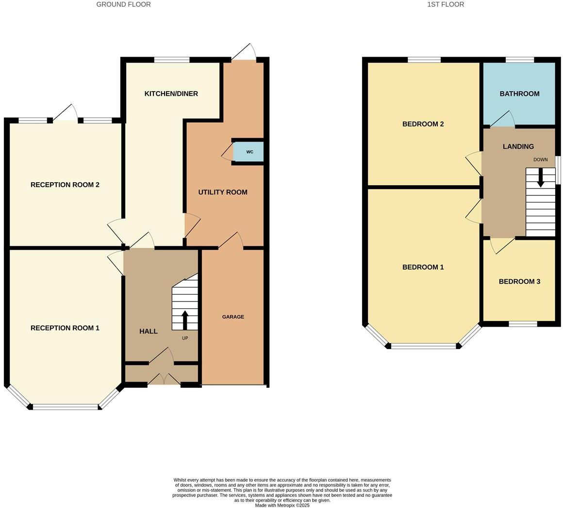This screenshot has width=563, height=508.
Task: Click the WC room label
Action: [x=249, y=152]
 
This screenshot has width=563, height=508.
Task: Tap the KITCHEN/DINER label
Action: [x=171, y=94]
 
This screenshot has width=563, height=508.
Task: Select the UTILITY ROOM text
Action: [x=223, y=192]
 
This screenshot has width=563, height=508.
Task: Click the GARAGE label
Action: [x=233, y=317]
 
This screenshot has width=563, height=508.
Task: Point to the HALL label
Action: [x=148, y=331]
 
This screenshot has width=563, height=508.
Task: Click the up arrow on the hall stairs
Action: [x=185, y=320]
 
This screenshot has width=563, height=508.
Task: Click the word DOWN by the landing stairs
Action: [x=540, y=159]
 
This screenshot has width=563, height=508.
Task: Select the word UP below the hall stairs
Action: [x=185, y=338]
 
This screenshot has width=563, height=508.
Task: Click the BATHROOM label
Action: [x=519, y=94]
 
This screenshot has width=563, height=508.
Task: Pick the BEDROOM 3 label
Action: [x=519, y=281]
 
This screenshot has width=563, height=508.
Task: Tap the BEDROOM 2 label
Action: [x=423, y=124]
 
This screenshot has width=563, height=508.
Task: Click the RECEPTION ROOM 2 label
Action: [x=65, y=184]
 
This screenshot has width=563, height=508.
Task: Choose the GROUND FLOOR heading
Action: [x=123, y=4]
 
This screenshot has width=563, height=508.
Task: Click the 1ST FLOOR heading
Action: [x=445, y=4]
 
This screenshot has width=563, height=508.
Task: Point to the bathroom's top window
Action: [x=519, y=60]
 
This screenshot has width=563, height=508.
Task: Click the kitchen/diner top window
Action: [x=172, y=60]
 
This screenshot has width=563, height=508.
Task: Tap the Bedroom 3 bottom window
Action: [x=523, y=324]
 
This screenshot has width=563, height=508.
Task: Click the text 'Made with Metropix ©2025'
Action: [x=282, y=505]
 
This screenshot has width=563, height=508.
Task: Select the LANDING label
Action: [x=518, y=146]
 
